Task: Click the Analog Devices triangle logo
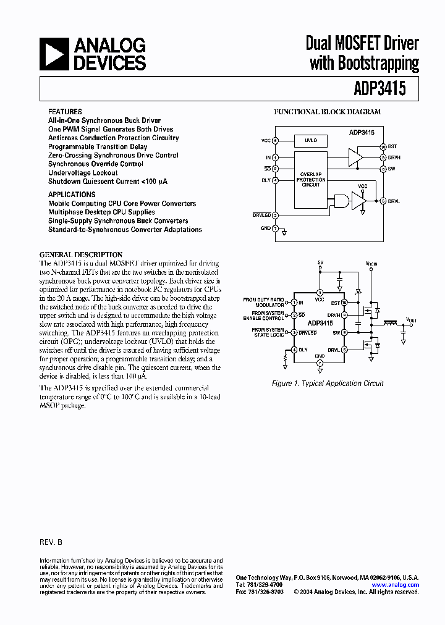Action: pyautogui.click(x=54, y=54)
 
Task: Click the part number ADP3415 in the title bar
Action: pyautogui.click(x=380, y=88)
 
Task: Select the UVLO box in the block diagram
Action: pyautogui.click(x=311, y=140)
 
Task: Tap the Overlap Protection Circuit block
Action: pyautogui.click(x=311, y=180)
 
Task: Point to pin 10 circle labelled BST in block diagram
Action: pyautogui.click(x=383, y=147)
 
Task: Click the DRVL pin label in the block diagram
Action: pyautogui.click(x=394, y=201)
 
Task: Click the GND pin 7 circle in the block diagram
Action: pyautogui.click(x=275, y=228)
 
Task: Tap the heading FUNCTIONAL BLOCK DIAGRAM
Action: pyautogui.click(x=328, y=112)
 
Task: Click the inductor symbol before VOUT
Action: pyautogui.click(x=391, y=322)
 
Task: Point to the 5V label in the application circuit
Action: pyautogui.click(x=320, y=262)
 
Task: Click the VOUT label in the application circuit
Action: pyautogui.click(x=411, y=319)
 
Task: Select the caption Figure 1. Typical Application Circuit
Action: pyautogui.click(x=328, y=384)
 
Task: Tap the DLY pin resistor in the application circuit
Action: pyautogui.click(x=286, y=357)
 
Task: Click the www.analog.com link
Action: pyautogui.click(x=396, y=585)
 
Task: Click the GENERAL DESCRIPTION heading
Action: pyautogui.click(x=81, y=254)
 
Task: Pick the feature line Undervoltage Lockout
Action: pyautogui.click(x=83, y=173)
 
